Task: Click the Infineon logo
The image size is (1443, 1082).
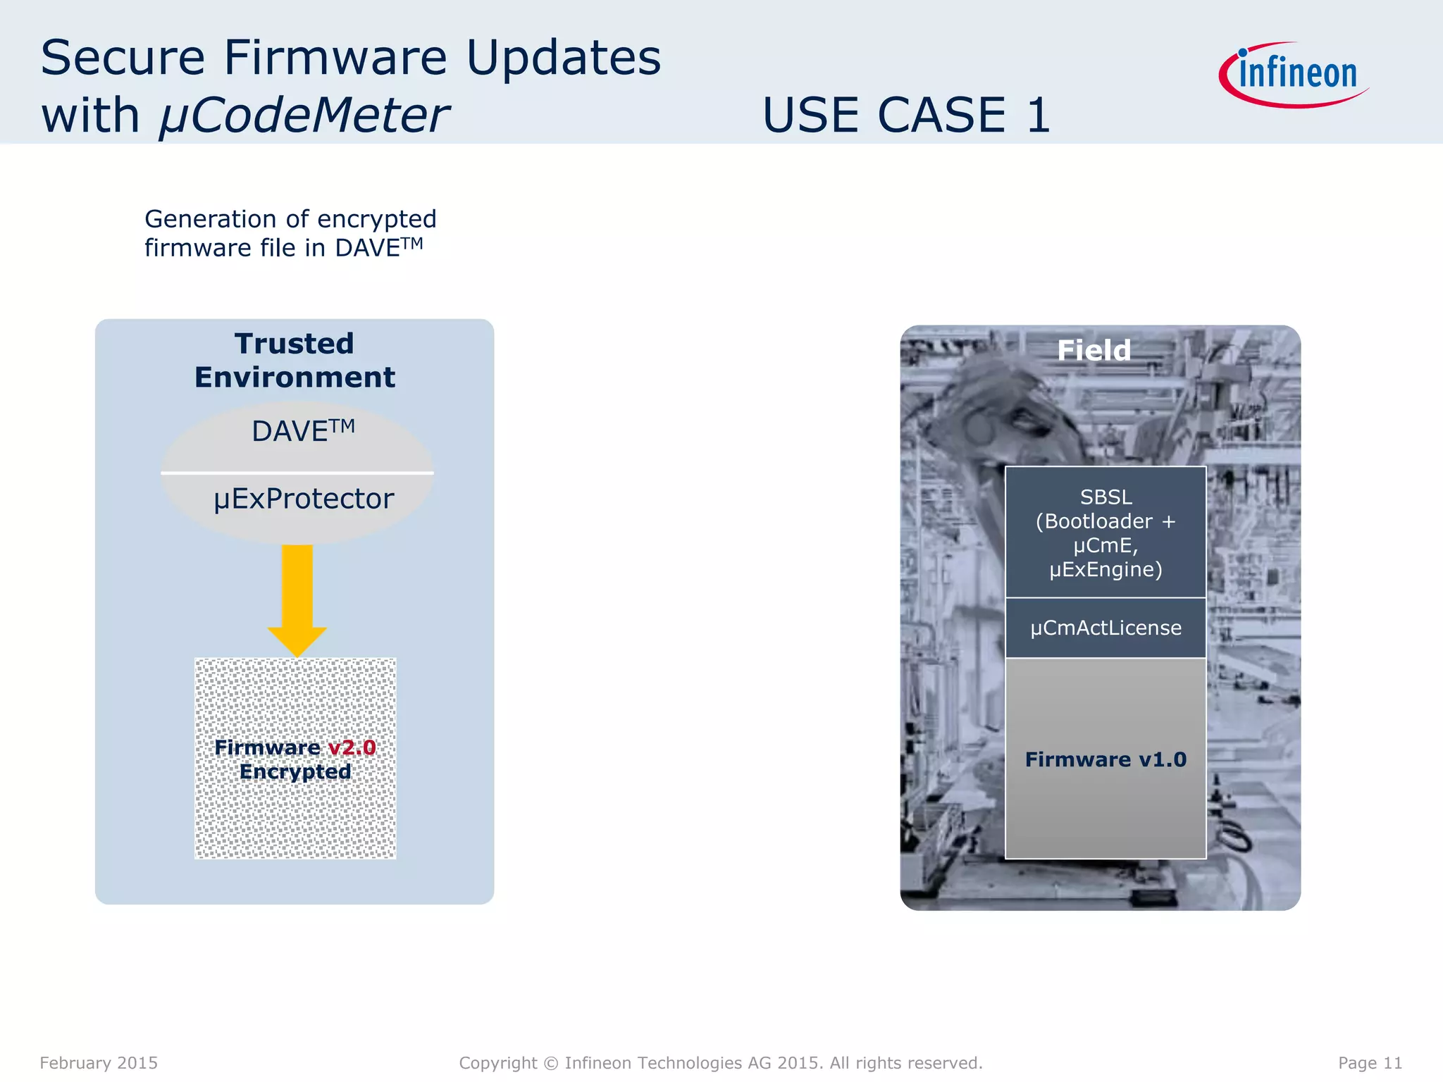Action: coord(1295,75)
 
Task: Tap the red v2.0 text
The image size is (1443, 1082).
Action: coord(352,747)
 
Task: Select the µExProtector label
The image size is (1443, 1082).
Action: coord(304,499)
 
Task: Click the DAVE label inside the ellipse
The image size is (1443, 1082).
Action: coord(303,431)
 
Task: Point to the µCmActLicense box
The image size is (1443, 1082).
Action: coord(1106,628)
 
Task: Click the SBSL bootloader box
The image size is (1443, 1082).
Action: coord(1106,533)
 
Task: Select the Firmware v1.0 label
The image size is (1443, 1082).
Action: coord(1106,759)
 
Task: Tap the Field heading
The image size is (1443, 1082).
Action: coord(1094,350)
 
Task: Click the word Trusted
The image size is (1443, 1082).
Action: coord(295,344)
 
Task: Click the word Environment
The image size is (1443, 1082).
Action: coord(295,378)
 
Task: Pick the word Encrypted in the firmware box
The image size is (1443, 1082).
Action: coord(295,772)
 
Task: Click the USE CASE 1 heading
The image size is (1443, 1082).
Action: coord(906,115)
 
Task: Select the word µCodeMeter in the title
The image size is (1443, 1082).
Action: coord(304,115)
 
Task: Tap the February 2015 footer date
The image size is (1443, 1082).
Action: coord(99,1063)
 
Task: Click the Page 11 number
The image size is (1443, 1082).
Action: coord(1370,1063)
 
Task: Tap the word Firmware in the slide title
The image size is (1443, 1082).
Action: coord(335,58)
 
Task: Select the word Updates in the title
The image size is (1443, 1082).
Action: coord(564,58)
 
